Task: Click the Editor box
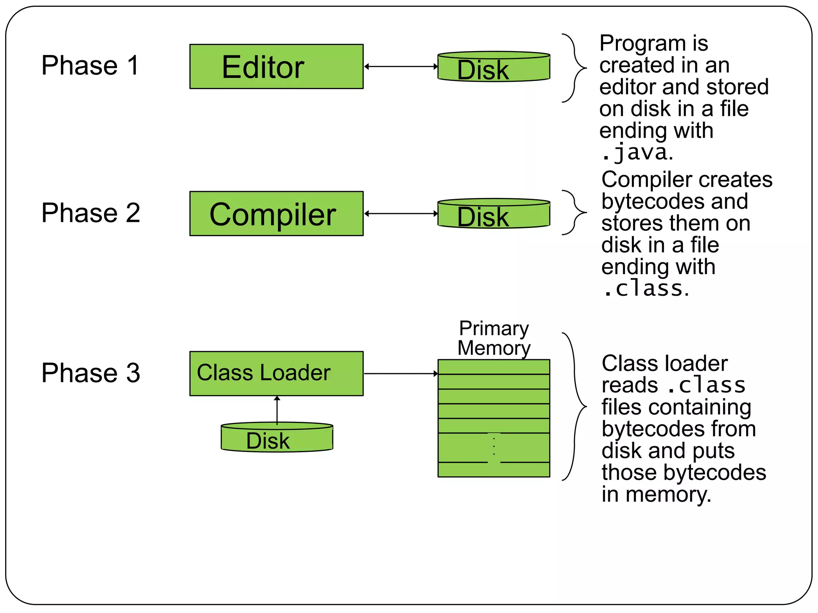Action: (276, 67)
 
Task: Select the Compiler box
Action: (276, 214)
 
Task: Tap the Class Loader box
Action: (276, 374)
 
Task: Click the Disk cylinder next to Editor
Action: (494, 67)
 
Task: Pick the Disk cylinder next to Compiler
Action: (494, 214)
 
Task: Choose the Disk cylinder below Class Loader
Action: (277, 438)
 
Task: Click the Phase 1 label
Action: (90, 65)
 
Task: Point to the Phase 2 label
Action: (91, 213)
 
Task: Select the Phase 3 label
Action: (91, 373)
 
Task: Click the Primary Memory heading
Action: (494, 338)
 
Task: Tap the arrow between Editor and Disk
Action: (401, 67)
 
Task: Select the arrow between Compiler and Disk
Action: (401, 214)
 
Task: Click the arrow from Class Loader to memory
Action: (401, 374)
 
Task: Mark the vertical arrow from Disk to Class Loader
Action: (277, 410)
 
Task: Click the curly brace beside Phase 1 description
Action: (574, 68)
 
